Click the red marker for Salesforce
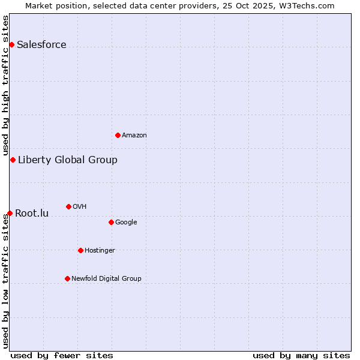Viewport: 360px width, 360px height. click(x=11, y=44)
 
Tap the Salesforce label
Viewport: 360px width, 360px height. click(x=41, y=45)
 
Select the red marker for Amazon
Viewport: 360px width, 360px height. click(x=118, y=135)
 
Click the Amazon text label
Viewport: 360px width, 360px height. click(x=134, y=136)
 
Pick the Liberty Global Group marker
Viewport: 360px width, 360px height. click(x=13, y=160)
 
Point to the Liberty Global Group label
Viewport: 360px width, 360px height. click(x=68, y=160)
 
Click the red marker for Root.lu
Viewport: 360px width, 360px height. click(x=10, y=213)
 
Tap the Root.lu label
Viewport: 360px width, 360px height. click(x=32, y=214)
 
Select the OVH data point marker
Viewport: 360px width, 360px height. click(x=68, y=206)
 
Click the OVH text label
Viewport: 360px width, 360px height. click(x=80, y=207)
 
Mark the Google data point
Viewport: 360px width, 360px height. click(x=111, y=222)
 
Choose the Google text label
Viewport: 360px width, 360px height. click(x=126, y=223)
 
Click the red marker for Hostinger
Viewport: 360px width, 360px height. click(x=80, y=250)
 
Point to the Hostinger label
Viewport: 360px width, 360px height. click(x=100, y=251)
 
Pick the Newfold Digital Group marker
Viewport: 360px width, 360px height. click(x=67, y=278)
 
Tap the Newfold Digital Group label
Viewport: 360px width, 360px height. click(x=107, y=279)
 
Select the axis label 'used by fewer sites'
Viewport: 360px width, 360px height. click(x=62, y=355)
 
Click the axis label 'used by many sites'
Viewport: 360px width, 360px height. click(x=301, y=355)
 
